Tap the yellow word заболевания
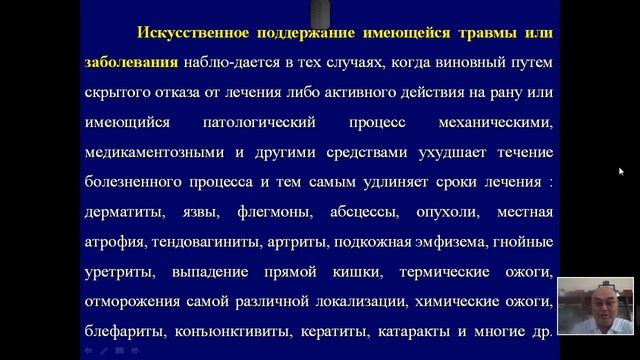coord(132,62)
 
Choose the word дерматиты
coord(125,213)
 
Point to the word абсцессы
coord(400,213)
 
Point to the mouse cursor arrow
coord(621,171)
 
